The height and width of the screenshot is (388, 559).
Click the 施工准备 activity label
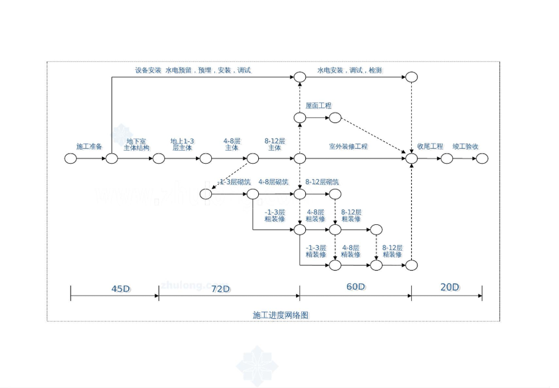(89, 146)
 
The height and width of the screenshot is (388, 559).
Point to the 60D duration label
(355, 287)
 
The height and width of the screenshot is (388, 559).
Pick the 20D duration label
(450, 287)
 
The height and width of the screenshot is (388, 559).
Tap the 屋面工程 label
(318, 106)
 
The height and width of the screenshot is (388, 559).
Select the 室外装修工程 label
(348, 146)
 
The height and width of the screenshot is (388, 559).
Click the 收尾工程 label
(430, 146)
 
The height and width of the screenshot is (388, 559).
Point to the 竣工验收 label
(465, 146)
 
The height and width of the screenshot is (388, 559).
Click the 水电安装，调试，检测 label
(350, 70)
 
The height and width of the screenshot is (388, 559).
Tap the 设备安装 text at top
(148, 70)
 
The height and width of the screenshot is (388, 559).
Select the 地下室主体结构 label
(138, 145)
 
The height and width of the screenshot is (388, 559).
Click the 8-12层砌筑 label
(322, 182)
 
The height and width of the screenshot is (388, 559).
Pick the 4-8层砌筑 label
(273, 182)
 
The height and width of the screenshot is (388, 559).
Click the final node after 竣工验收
(482, 158)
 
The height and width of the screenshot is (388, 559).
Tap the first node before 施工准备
(71, 158)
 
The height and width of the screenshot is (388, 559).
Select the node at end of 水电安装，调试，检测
(411, 77)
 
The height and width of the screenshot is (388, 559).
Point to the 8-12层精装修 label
(392, 251)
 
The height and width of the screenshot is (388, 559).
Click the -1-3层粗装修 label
(275, 215)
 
